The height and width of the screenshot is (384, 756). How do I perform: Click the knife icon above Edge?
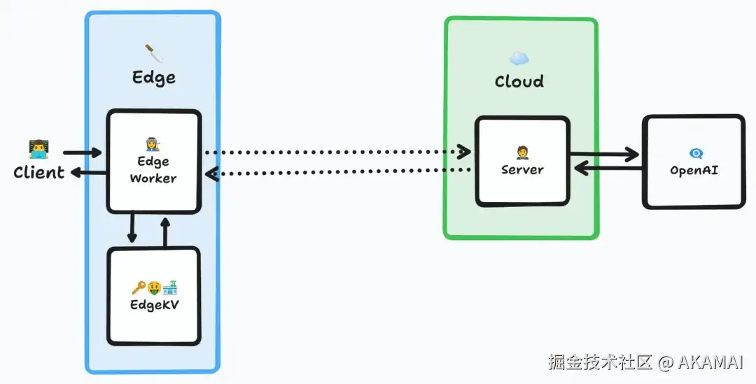click(x=153, y=53)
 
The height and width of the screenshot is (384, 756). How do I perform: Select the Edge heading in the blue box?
click(x=154, y=78)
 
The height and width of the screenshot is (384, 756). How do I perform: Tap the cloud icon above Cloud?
click(x=519, y=58)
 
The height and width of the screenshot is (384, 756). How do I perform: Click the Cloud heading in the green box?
click(x=519, y=81)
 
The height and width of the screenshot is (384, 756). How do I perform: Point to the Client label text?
click(x=39, y=173)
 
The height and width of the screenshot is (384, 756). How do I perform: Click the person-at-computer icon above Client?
click(x=38, y=149)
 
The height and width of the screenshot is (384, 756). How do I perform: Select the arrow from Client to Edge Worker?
click(x=83, y=152)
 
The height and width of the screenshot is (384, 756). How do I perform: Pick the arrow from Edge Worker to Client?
click(x=89, y=172)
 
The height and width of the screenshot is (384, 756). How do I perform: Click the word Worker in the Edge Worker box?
click(x=153, y=178)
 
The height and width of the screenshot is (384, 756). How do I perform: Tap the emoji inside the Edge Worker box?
click(x=153, y=144)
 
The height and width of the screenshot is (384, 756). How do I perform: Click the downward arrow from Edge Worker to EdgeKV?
click(x=132, y=227)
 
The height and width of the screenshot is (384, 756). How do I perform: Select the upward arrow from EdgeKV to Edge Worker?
click(x=165, y=232)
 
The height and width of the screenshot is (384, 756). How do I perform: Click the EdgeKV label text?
click(x=154, y=305)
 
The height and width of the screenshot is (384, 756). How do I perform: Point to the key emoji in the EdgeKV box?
click(x=139, y=288)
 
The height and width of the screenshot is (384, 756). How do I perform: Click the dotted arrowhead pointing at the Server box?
click(x=464, y=152)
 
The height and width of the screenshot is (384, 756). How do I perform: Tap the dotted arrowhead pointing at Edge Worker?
click(x=212, y=173)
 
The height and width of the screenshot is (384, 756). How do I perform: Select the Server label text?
click(x=523, y=169)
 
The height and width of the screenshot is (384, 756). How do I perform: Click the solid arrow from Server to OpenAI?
click(x=605, y=155)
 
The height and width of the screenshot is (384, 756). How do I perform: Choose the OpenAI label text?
click(x=694, y=170)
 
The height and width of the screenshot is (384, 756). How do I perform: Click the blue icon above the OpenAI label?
click(x=696, y=153)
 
